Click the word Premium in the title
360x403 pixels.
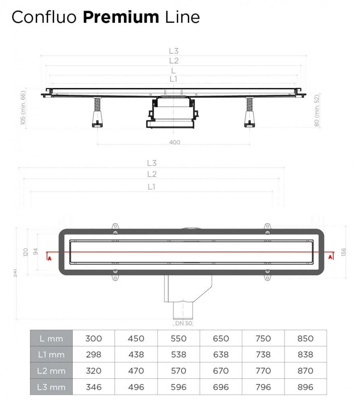pyautogui.click(x=121, y=17)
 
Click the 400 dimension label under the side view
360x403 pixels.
pyautogui.click(x=175, y=142)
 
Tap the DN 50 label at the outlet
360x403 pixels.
pyautogui.click(x=184, y=323)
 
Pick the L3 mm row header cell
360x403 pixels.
pyautogui.click(x=52, y=387)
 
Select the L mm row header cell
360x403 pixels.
pyautogui.click(x=52, y=339)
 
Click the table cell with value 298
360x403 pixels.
pyautogui.click(x=94, y=355)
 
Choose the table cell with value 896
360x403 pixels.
pyautogui.click(x=305, y=387)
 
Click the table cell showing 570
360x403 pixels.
pyautogui.click(x=179, y=371)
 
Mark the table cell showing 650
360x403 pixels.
pyautogui.click(x=221, y=339)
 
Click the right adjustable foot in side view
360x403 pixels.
pyautogui.click(x=249, y=119)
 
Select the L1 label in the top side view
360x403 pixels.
pyautogui.click(x=174, y=79)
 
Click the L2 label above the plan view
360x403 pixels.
pyautogui.click(x=152, y=174)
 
